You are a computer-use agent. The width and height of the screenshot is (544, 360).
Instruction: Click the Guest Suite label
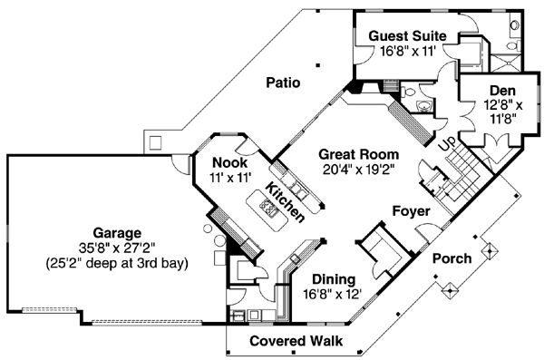coord(406,36)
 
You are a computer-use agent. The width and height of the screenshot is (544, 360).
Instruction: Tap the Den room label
coord(501,91)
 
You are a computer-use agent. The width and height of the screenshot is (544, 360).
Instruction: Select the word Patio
coord(283,83)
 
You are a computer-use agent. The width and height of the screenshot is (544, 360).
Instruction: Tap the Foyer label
coord(410,211)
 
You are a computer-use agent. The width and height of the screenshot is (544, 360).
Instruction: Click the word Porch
coord(452,258)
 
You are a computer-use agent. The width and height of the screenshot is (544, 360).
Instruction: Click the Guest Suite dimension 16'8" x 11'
coord(405,52)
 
